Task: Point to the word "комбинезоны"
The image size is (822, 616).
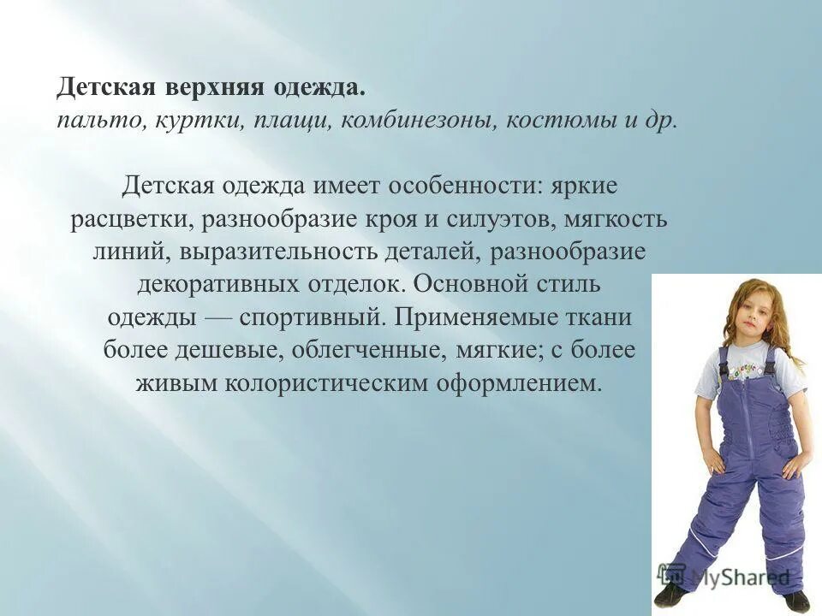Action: pyautogui.click(x=416, y=120)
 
